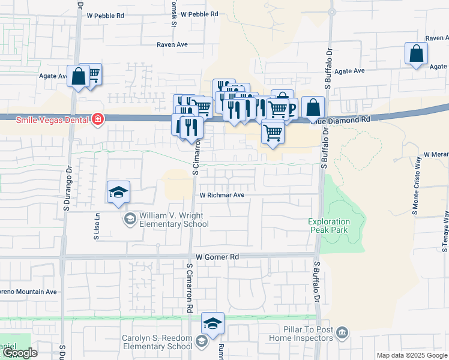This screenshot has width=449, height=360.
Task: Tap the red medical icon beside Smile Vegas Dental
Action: coord(97,120)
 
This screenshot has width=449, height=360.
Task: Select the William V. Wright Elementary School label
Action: coord(174,220)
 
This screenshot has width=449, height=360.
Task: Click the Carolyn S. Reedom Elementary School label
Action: coord(157,342)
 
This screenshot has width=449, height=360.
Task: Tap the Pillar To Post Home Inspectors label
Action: coord(307,334)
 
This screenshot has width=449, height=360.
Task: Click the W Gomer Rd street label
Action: coord(217,257)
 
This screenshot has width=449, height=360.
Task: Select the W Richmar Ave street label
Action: coord(222,195)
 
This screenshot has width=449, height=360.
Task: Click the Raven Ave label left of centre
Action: coord(172,44)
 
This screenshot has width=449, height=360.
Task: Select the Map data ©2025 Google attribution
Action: coord(412,355)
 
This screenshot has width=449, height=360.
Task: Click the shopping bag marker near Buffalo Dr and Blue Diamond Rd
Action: coord(313,108)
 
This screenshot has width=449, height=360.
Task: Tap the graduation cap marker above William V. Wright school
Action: coord(118,192)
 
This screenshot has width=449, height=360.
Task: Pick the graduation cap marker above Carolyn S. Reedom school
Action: coord(212,323)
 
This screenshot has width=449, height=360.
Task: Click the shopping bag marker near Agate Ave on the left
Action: coord(78,76)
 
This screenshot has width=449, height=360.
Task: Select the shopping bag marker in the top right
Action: coord(416,54)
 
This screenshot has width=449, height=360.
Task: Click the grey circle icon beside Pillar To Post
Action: coord(342,332)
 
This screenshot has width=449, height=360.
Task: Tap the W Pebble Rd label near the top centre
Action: coord(199,14)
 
